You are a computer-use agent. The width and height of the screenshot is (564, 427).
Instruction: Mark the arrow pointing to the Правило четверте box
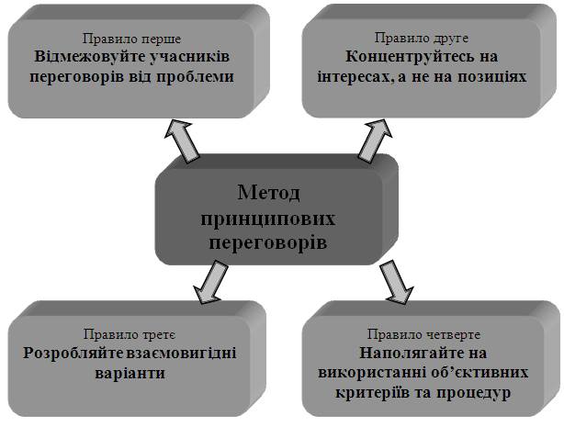pyautogui.click(x=396, y=281)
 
